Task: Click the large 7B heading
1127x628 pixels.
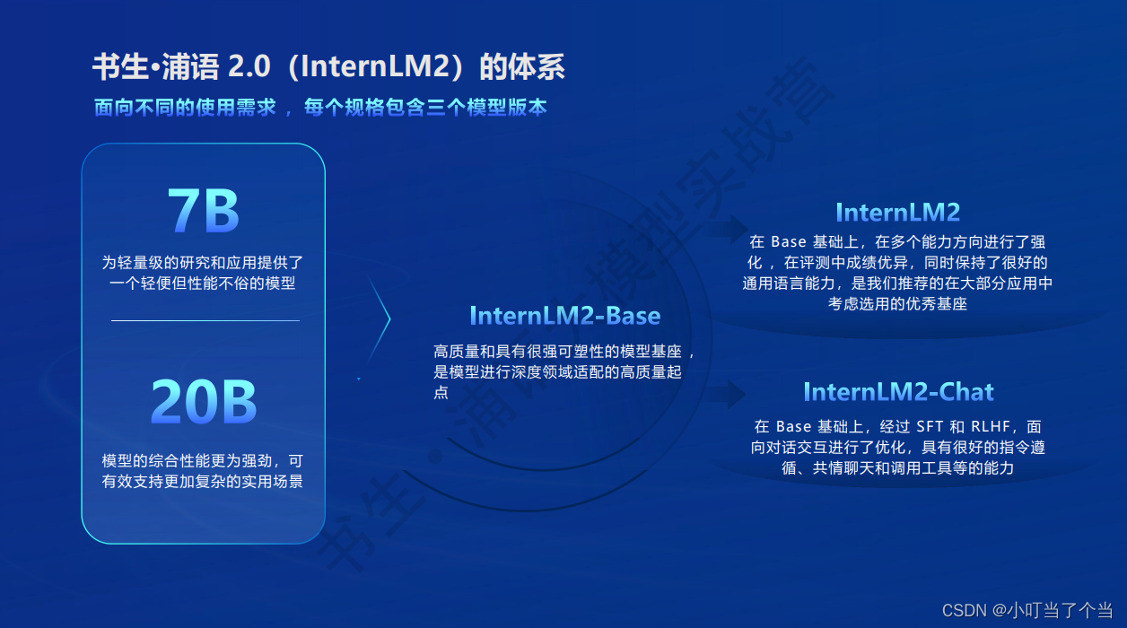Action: tap(204, 213)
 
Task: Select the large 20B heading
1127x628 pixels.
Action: tap(204, 402)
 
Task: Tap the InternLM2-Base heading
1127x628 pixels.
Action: tap(564, 316)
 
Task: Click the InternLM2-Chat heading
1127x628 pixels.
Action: tap(898, 392)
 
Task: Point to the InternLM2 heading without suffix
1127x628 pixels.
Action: tap(897, 212)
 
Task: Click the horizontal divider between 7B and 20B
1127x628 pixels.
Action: tap(205, 320)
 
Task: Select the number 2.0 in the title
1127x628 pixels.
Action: tap(248, 67)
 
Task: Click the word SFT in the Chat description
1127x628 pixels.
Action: tap(930, 426)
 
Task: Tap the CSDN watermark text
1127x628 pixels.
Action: tap(965, 610)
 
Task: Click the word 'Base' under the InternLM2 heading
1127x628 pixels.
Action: tap(790, 241)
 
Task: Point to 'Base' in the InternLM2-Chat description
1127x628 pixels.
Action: tap(794, 426)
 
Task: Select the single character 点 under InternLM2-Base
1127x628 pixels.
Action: tap(441, 392)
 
